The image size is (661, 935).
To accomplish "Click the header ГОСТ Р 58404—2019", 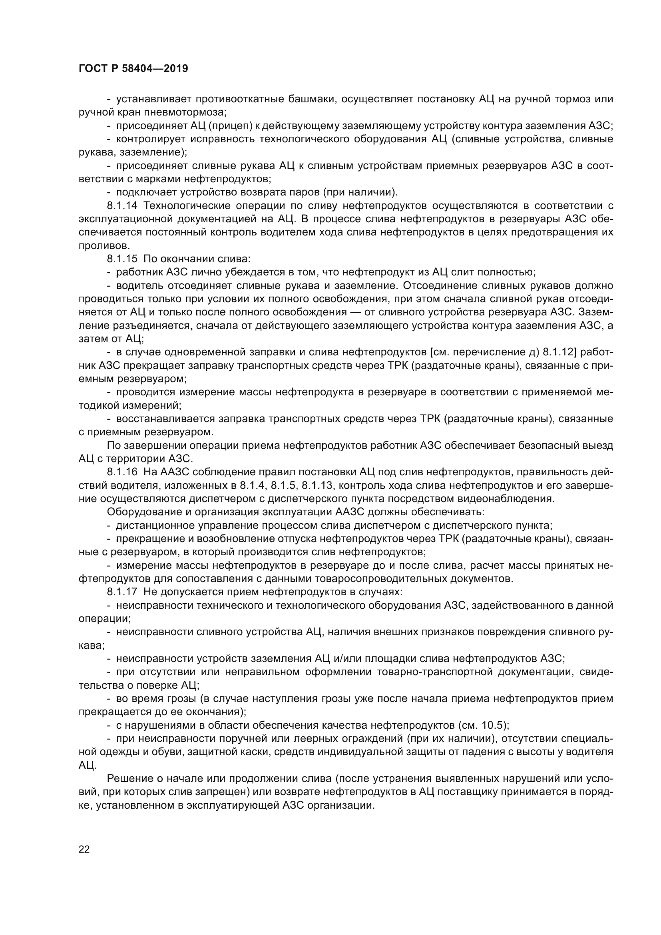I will click(133, 68).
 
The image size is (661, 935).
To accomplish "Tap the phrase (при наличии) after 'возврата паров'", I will click(365, 192).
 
